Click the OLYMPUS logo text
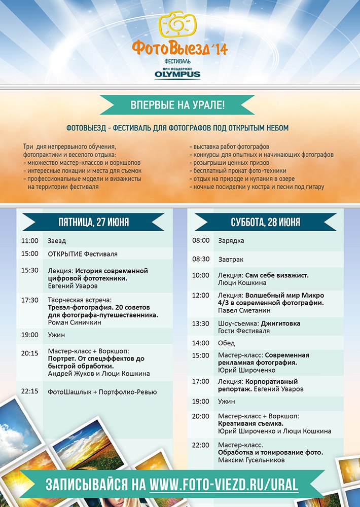[x=177, y=75]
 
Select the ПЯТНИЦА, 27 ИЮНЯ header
[x=93, y=222]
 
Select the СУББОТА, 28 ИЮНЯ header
[x=265, y=222]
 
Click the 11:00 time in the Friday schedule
[x=30, y=241]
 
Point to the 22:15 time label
[x=30, y=392]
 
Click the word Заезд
[x=57, y=241]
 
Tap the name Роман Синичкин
[x=71, y=322]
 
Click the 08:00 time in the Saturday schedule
[x=201, y=241]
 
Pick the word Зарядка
[x=231, y=241]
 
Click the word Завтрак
[x=231, y=259]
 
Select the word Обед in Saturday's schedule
[x=226, y=343]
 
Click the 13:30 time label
[x=201, y=323]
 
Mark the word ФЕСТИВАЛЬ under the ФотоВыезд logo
[x=179, y=61]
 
